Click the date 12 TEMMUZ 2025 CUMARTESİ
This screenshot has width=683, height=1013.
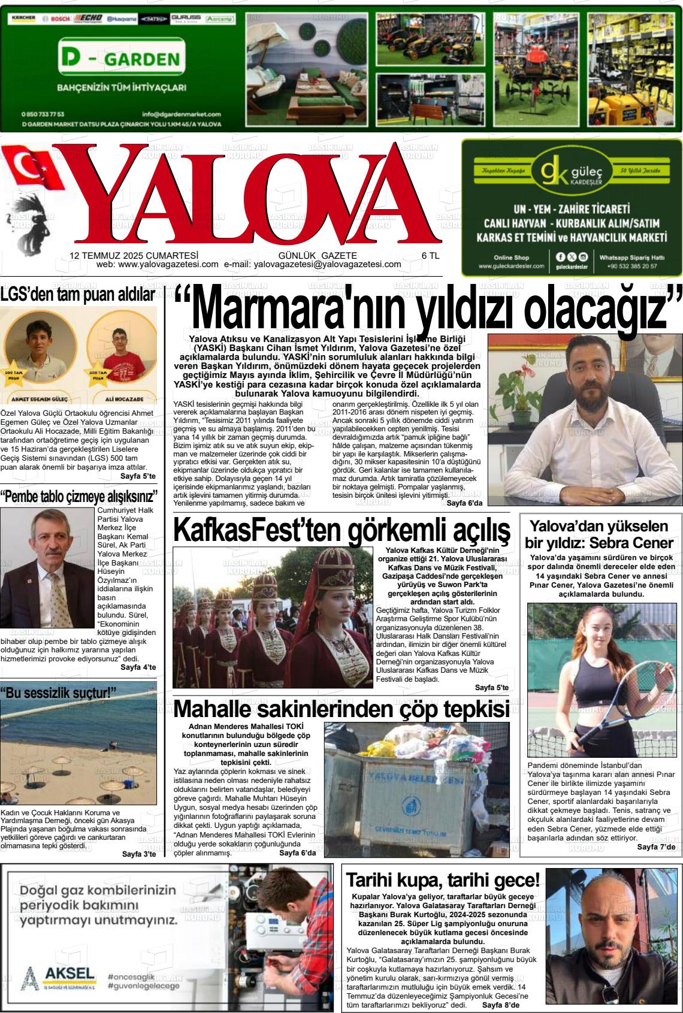point(134,255)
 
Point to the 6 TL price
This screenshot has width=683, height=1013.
point(430,255)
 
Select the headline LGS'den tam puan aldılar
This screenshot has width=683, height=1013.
point(78,294)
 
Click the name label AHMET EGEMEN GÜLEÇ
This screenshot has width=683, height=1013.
point(40,398)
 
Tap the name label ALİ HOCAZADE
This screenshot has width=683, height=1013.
point(123,398)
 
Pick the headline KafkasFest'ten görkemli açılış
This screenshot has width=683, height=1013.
point(341,530)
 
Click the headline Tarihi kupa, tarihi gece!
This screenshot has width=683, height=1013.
point(443,880)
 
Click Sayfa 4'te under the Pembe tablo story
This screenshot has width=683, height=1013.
point(138,667)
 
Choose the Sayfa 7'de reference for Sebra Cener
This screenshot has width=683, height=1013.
point(656,846)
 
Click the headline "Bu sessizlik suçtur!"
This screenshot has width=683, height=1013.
point(58,693)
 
